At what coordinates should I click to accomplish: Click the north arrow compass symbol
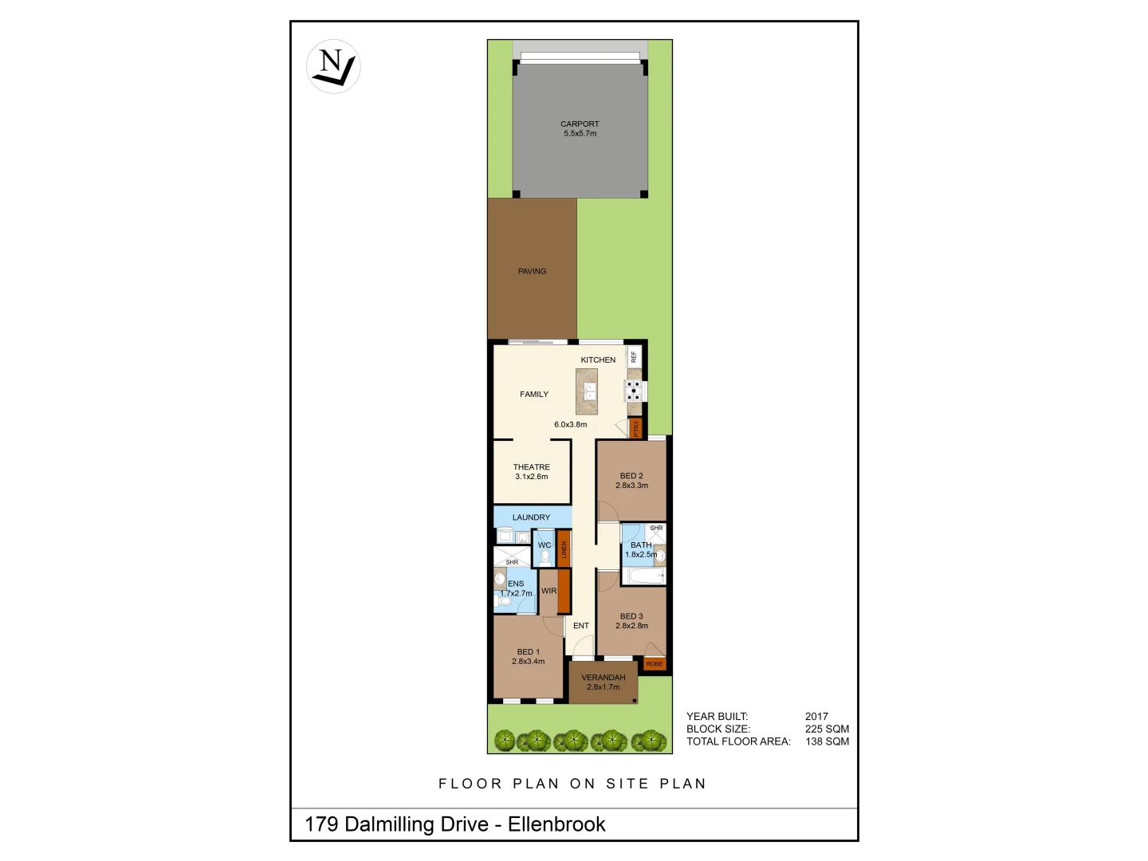(333, 66)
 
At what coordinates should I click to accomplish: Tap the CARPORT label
(580, 124)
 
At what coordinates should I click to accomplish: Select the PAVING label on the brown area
(532, 271)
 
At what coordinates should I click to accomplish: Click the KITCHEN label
(598, 360)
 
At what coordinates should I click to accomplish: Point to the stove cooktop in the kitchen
(634, 391)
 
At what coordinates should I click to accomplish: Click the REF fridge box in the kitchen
(635, 356)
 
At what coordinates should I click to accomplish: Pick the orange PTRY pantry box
(635, 429)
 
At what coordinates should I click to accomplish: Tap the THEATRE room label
(531, 467)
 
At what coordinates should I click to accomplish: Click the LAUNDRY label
(531, 517)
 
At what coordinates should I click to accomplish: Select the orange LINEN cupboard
(564, 548)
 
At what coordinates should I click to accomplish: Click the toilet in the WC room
(545, 556)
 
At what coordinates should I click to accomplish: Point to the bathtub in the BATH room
(643, 576)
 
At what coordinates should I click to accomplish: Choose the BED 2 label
(631, 476)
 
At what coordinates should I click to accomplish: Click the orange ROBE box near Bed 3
(655, 664)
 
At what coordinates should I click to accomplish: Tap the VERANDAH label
(603, 678)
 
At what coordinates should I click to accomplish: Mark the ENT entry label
(581, 626)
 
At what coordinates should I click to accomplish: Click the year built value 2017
(816, 717)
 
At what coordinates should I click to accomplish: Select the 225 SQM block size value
(827, 729)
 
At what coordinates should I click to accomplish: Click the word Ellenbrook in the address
(556, 824)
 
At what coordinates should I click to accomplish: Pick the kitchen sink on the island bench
(590, 391)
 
